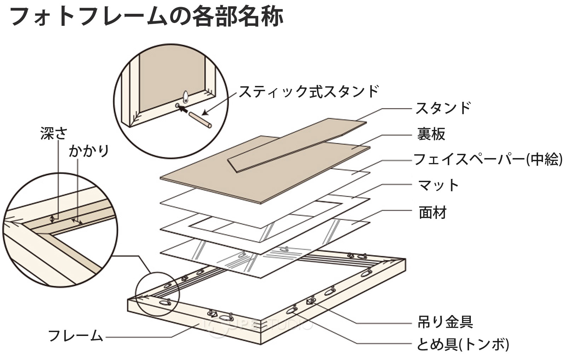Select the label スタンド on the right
[443, 108]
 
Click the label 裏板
[431, 134]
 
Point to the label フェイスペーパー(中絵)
[488, 159]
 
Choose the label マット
[438, 185]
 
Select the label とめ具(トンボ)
[463, 344]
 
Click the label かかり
[89, 151]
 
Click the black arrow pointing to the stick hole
[182, 108]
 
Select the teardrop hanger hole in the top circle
[186, 96]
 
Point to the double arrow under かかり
[77, 222]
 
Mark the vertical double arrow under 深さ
[53, 218]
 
